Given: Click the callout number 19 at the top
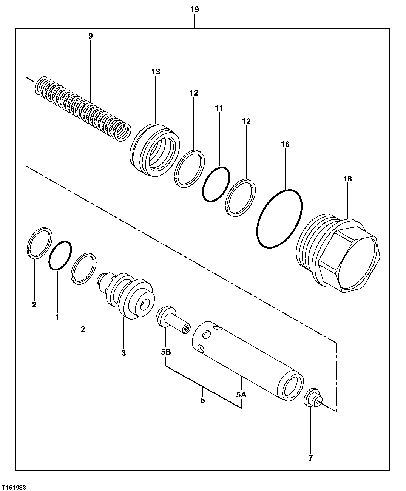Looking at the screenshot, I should point(195,9).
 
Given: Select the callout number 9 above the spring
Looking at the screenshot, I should point(90,36).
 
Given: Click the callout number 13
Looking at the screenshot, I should point(156,72).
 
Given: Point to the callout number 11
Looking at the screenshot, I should point(219,108).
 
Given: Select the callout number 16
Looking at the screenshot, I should point(285,144).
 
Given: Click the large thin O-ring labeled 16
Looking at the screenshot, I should point(279,219).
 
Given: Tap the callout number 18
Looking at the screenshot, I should point(347,179).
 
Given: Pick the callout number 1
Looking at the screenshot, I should point(57,318).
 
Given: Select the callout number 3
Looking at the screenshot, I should point(123,353).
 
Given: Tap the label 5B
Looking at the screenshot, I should point(166,352).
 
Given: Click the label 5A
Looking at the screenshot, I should point(241,395).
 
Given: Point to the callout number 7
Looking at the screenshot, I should point(310,459).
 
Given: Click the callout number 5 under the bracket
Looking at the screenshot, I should point(202,400).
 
